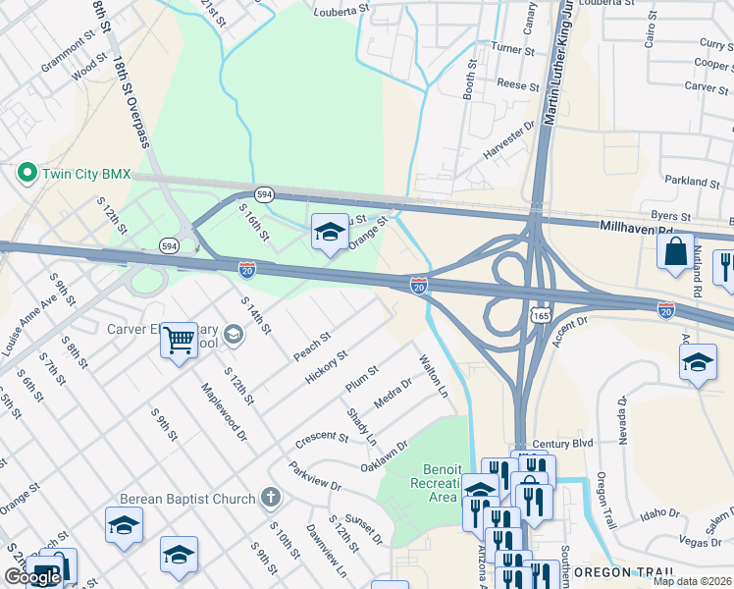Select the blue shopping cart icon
(x=179, y=341)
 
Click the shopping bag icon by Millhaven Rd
(x=676, y=251)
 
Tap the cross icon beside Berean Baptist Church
(x=271, y=499)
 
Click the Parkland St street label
(x=692, y=182)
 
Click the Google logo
(x=31, y=577)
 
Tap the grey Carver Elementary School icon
(x=233, y=335)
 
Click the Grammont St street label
(x=74, y=49)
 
